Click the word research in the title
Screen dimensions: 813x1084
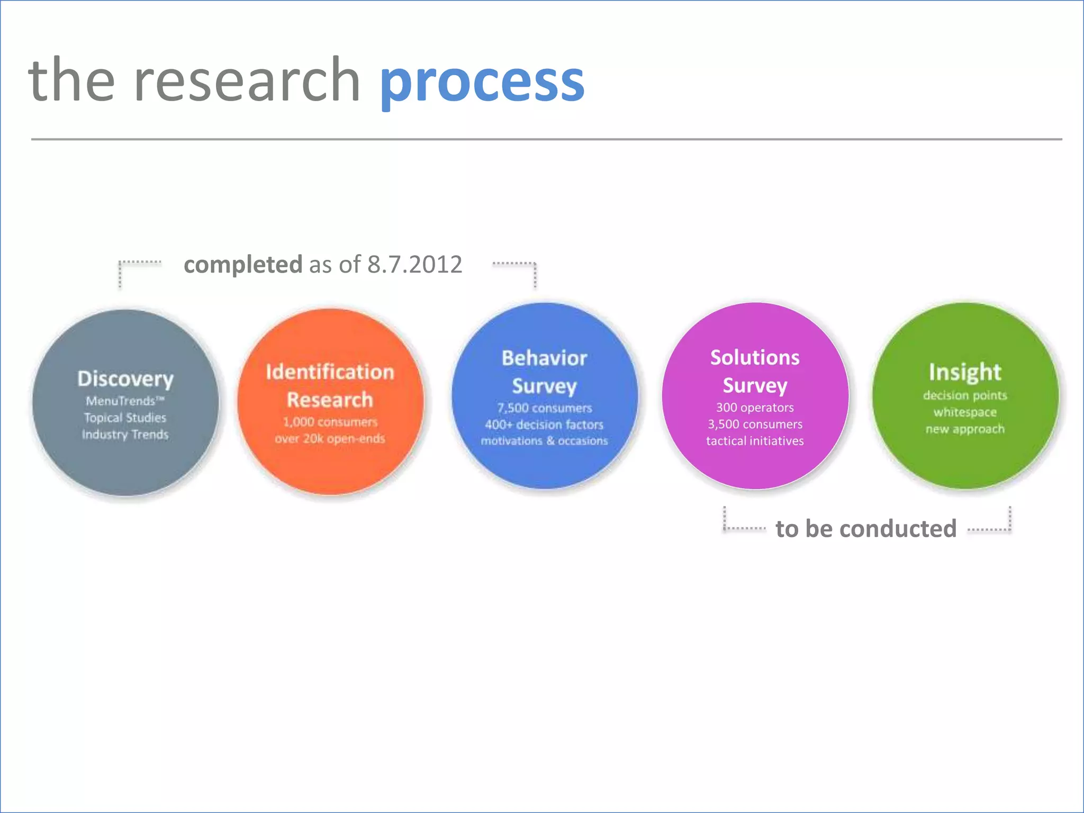(x=247, y=80)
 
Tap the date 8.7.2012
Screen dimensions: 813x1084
(x=414, y=264)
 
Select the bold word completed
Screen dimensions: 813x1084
(x=243, y=264)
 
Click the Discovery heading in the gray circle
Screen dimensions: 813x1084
(x=125, y=379)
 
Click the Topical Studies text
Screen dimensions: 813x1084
(x=125, y=418)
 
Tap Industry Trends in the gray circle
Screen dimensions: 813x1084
(x=125, y=435)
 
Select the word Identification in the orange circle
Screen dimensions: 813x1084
(x=330, y=372)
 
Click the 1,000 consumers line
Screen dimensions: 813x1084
(x=330, y=422)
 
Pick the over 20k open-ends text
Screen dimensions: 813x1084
(x=330, y=438)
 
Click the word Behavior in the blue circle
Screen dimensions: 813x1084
(x=544, y=358)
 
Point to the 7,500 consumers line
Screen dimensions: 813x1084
(x=544, y=408)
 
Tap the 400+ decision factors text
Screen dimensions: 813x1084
(x=544, y=424)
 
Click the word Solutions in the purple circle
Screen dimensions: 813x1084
(x=755, y=358)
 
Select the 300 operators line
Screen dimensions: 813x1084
(x=755, y=408)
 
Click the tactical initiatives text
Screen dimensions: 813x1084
(x=755, y=441)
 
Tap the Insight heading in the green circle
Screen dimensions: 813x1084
(x=964, y=372)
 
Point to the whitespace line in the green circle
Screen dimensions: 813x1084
(x=964, y=412)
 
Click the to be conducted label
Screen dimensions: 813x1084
(x=866, y=529)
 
